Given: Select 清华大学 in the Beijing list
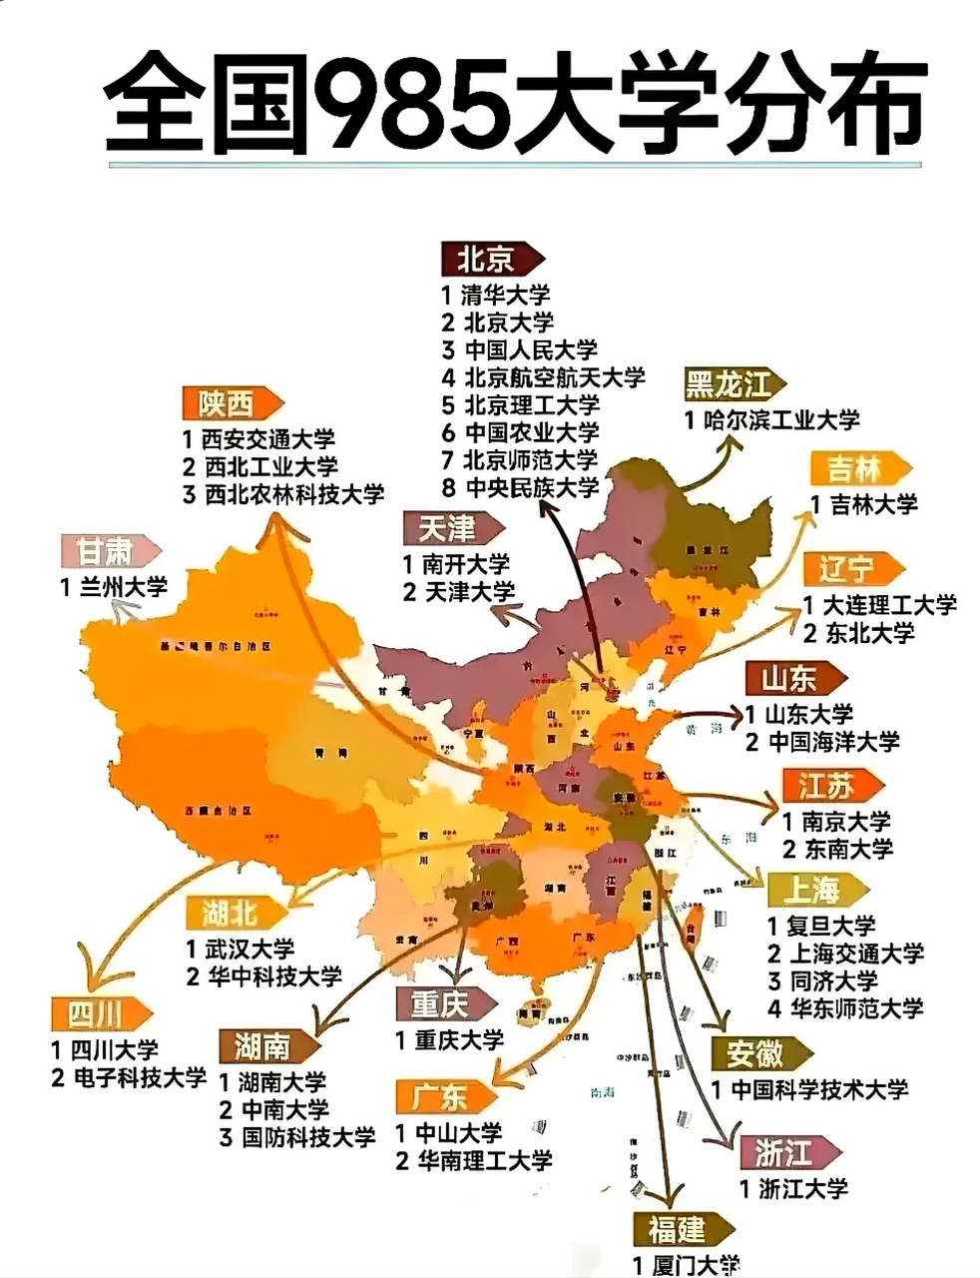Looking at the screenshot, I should (x=506, y=296).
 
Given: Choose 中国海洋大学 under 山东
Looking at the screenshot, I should (x=834, y=742).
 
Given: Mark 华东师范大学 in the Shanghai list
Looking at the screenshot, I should (x=856, y=1008).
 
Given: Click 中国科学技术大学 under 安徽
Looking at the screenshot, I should (x=819, y=1089).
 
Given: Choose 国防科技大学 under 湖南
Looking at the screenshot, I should (x=308, y=1137).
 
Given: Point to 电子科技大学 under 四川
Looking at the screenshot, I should (x=140, y=1078).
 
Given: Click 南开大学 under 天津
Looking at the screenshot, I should (x=465, y=564).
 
